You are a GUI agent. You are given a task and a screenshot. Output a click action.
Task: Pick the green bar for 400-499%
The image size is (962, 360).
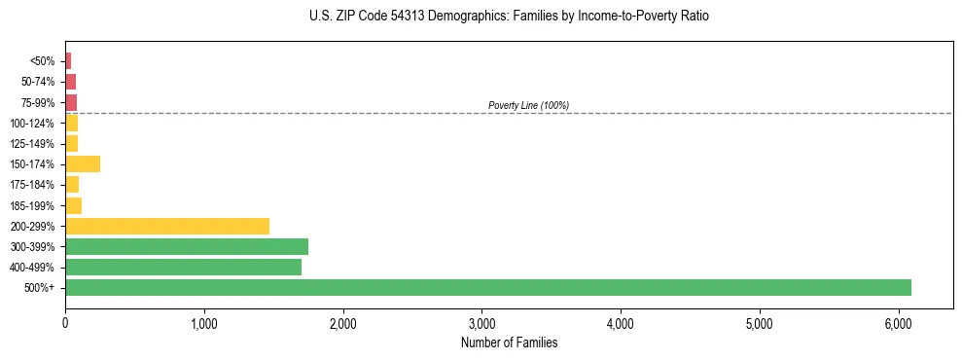[x=183, y=267]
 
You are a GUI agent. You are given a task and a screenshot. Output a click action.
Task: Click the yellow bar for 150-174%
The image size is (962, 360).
[x=83, y=163]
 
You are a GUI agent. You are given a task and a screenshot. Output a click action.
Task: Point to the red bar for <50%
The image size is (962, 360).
[x=68, y=61]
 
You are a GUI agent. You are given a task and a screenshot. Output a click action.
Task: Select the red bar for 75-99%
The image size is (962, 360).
[x=71, y=102]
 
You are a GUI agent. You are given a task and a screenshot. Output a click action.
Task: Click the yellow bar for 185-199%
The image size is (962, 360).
[x=73, y=205]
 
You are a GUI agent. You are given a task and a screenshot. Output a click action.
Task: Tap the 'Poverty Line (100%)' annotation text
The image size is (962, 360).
[x=528, y=105]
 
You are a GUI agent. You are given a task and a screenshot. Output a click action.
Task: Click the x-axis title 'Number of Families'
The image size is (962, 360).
[x=509, y=342]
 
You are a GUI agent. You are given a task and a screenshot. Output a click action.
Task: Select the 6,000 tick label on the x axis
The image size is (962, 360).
[x=898, y=322]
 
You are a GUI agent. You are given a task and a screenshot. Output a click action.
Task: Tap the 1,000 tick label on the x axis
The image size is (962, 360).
[x=204, y=322]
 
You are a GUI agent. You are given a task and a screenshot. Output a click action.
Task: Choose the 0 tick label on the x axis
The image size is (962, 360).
[x=65, y=322]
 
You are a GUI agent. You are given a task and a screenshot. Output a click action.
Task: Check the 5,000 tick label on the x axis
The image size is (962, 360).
[x=759, y=322]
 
